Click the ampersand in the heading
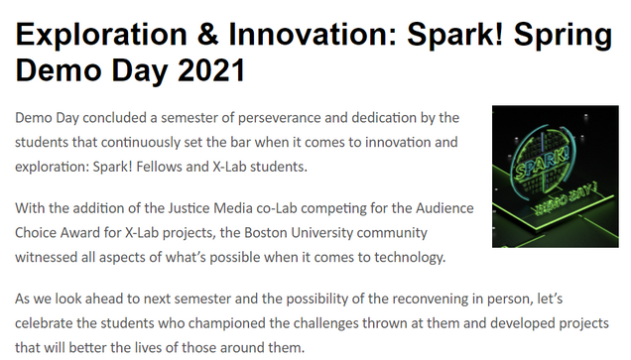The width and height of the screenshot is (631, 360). tap(207, 34)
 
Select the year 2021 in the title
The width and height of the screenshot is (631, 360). tap(211, 70)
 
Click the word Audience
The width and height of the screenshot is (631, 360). tap(444, 208)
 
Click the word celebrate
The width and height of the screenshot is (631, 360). tap(44, 323)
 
